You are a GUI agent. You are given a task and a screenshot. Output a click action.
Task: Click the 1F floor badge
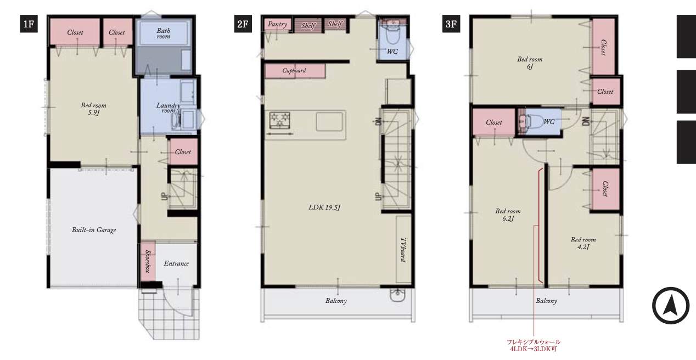(x=29, y=24)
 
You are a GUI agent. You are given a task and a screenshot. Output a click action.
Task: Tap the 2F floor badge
(x=243, y=24)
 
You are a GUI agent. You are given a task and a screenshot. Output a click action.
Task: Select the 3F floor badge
(x=451, y=24)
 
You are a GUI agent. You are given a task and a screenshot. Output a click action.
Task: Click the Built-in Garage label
(x=94, y=230)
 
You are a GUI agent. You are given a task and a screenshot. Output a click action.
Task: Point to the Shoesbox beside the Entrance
(x=148, y=261)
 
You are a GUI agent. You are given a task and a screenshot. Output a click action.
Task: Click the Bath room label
(x=164, y=33)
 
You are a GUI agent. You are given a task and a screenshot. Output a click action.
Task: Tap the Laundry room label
(x=168, y=108)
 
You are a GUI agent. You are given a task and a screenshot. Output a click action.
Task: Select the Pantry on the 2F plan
(x=278, y=24)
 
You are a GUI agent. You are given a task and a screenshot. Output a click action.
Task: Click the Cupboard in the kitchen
(x=295, y=70)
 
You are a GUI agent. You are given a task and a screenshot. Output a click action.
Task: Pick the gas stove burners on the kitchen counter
(x=279, y=120)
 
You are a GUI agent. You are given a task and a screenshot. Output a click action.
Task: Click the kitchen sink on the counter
(x=330, y=122)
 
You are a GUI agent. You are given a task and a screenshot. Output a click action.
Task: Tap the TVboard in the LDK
(x=403, y=249)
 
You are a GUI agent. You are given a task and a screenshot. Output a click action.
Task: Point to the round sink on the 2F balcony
(x=397, y=295)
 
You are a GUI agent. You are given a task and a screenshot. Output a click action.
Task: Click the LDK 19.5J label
(x=325, y=207)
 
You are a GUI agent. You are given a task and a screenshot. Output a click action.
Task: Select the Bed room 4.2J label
(x=583, y=243)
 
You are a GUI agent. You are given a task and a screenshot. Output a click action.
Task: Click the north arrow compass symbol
(x=671, y=306)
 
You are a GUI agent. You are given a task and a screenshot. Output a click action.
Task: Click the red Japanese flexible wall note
(x=534, y=345)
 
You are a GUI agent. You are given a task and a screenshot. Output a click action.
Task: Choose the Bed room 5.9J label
(x=93, y=109)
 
